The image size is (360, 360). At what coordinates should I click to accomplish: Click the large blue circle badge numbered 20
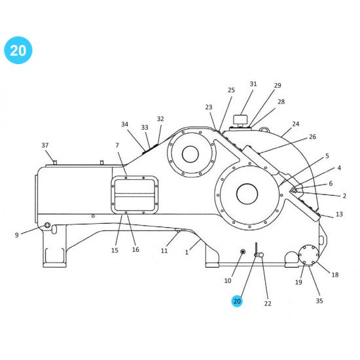point(18,50)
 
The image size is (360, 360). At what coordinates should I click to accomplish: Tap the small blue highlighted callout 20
point(236,301)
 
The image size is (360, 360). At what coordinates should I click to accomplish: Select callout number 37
point(45,145)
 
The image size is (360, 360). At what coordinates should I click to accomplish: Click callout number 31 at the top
point(253,84)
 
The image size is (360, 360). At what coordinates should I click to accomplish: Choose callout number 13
point(339,214)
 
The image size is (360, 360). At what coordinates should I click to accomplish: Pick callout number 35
point(319,301)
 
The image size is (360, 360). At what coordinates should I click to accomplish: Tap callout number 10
point(228,281)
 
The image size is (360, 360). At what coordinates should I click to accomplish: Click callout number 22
point(267,303)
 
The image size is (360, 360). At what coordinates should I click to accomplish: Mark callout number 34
point(124,124)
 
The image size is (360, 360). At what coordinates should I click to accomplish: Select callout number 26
point(312,136)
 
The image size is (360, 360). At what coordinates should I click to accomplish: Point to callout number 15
point(115,250)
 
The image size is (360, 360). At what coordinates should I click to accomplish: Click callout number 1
point(187,252)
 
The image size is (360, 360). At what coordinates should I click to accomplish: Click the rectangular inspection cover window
point(135,194)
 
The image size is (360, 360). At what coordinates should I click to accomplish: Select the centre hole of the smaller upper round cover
point(190,154)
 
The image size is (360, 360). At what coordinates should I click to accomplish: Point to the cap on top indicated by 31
point(242,120)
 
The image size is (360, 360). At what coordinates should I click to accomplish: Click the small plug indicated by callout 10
point(243,252)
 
